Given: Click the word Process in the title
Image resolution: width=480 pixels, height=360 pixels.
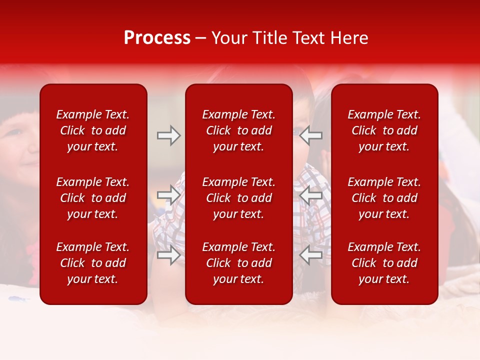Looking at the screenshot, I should coord(157,38).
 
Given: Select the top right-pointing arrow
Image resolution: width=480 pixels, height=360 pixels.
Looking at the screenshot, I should coord(169,135).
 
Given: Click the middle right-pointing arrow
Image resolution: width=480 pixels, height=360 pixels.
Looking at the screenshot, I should coord(169,195).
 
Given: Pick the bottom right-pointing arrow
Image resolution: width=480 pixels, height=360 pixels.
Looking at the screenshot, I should coord(169,255).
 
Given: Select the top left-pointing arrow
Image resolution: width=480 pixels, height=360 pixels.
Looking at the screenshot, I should coord(311,135).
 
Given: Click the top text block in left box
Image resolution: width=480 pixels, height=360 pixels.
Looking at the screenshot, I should coord(93,130).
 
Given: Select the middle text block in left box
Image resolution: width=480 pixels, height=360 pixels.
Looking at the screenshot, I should coord(93,198).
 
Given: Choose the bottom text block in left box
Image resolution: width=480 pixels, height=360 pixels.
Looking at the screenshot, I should coord(93,263).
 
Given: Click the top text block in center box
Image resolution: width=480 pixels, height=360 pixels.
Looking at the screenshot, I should coord(239,130).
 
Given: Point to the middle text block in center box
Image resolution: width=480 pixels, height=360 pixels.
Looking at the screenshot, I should coord(239,198).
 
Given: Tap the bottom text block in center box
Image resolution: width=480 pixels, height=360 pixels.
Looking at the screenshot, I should coord(239,263).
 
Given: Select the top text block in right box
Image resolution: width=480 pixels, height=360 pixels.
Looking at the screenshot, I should coord(384,130).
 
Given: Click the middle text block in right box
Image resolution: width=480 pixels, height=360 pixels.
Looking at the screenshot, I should coord(384,198).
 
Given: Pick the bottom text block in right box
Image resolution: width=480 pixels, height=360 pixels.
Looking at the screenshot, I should coord(384,263).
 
